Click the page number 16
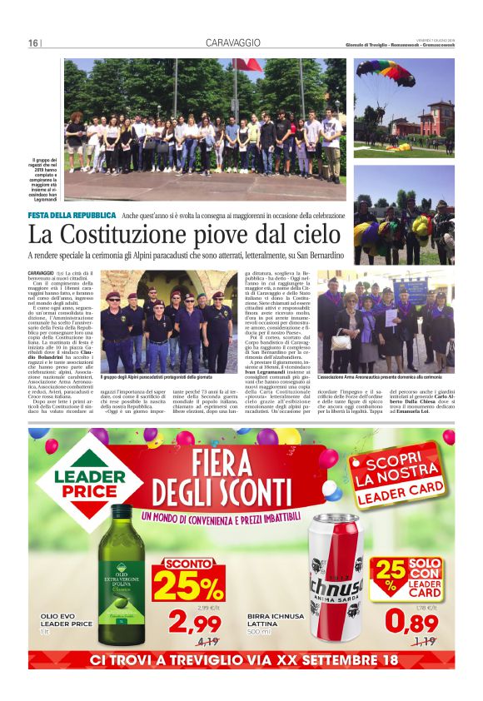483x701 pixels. click(33, 43)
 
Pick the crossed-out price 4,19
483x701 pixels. click(207, 641)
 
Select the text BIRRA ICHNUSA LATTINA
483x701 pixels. click(274, 624)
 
